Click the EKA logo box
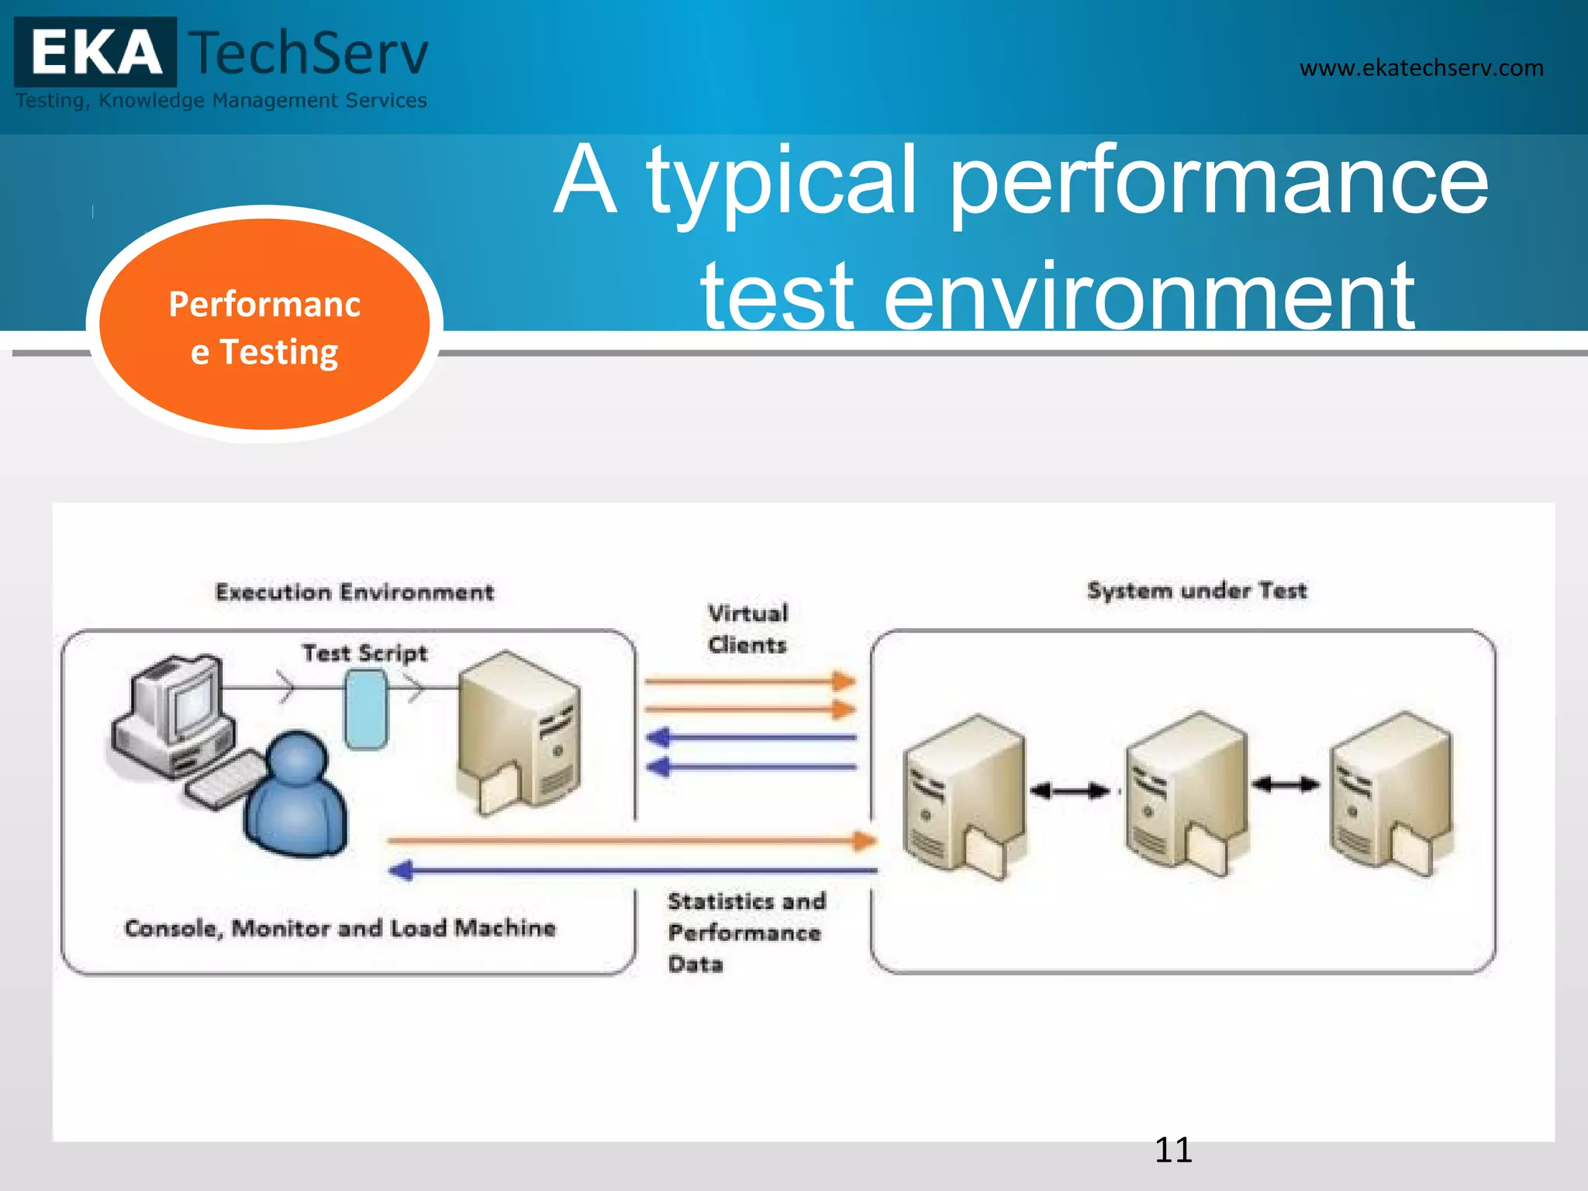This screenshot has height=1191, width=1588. click(95, 53)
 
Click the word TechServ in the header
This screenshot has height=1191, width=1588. click(309, 53)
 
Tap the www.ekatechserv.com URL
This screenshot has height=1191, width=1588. click(1421, 68)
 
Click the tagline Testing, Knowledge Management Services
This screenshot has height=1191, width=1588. click(222, 101)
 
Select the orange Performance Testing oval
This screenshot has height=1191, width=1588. click(264, 326)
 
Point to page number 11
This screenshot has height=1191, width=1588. click(1172, 1150)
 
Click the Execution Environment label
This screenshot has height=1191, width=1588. click(354, 592)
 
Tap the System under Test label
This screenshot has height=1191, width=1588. click(1196, 591)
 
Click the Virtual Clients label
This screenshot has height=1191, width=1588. click(747, 629)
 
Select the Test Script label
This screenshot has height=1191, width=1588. click(364, 653)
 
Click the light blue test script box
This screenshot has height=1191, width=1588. click(365, 709)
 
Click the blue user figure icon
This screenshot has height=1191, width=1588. click(296, 795)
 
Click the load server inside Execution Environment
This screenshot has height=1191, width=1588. click(518, 733)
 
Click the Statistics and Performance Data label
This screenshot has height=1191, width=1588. click(745, 932)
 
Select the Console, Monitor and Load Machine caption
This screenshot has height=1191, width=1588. click(340, 928)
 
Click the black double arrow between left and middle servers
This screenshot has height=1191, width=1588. click(1071, 791)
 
